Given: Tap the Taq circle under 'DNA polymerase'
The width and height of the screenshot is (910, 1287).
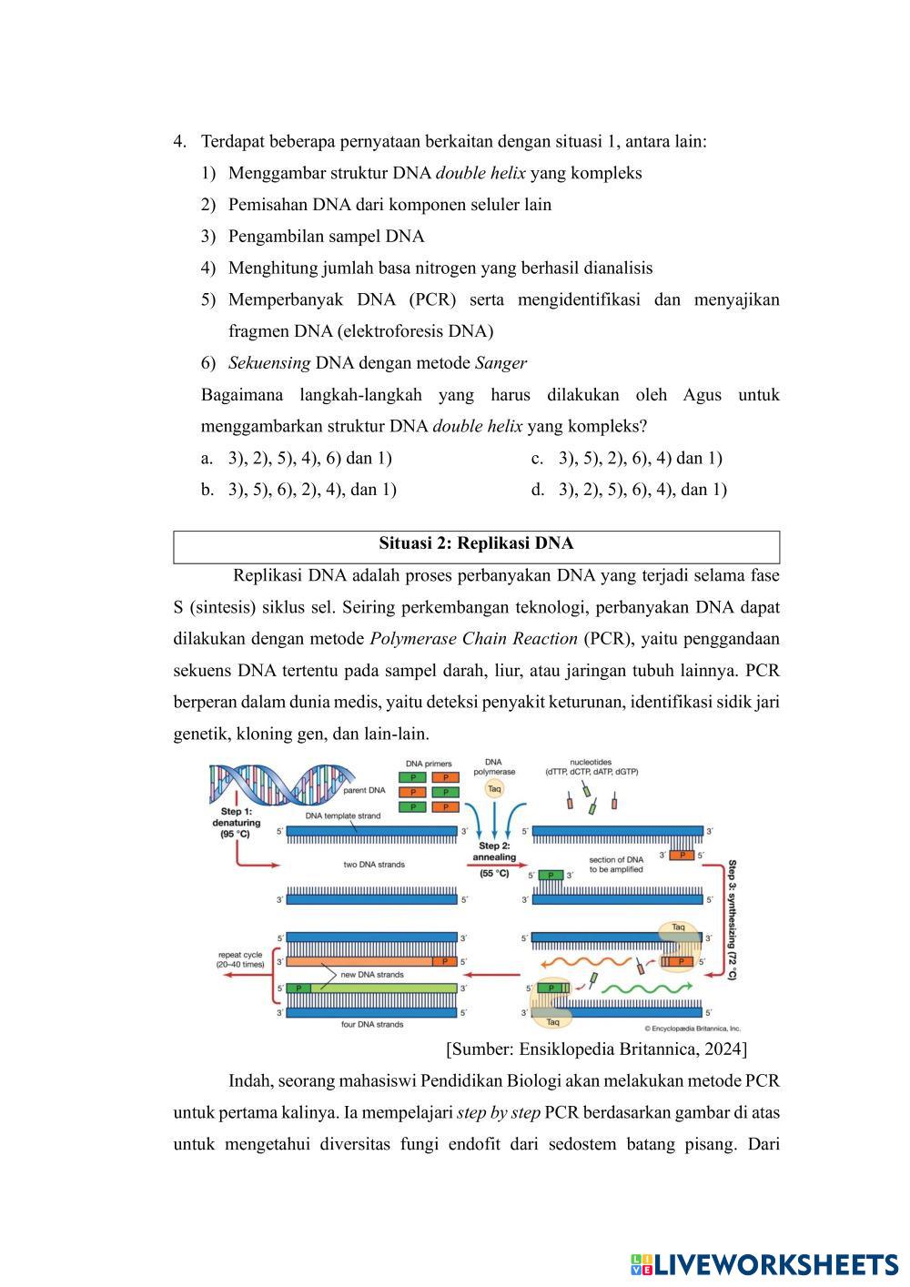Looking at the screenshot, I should click(x=494, y=789).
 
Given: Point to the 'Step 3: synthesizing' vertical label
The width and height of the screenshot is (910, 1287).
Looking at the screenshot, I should click(x=733, y=919).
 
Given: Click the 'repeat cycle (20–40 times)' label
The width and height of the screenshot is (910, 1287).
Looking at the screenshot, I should click(x=239, y=959).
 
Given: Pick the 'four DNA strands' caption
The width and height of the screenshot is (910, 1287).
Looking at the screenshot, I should click(x=372, y=1024).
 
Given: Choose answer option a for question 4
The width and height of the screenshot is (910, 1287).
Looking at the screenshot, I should click(x=299, y=458).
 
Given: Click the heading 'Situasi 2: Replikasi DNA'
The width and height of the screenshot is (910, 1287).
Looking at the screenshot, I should click(x=476, y=544).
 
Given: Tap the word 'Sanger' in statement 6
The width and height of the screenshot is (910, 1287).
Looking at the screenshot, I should click(x=500, y=363).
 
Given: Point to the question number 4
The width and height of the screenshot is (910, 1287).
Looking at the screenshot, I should click(x=179, y=142).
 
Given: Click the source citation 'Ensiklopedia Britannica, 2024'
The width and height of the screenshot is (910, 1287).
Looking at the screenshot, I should click(x=597, y=1049).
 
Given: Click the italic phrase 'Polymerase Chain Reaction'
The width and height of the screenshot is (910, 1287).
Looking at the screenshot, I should click(x=474, y=639).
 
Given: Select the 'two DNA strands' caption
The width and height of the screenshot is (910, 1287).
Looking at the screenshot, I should click(x=374, y=864).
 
